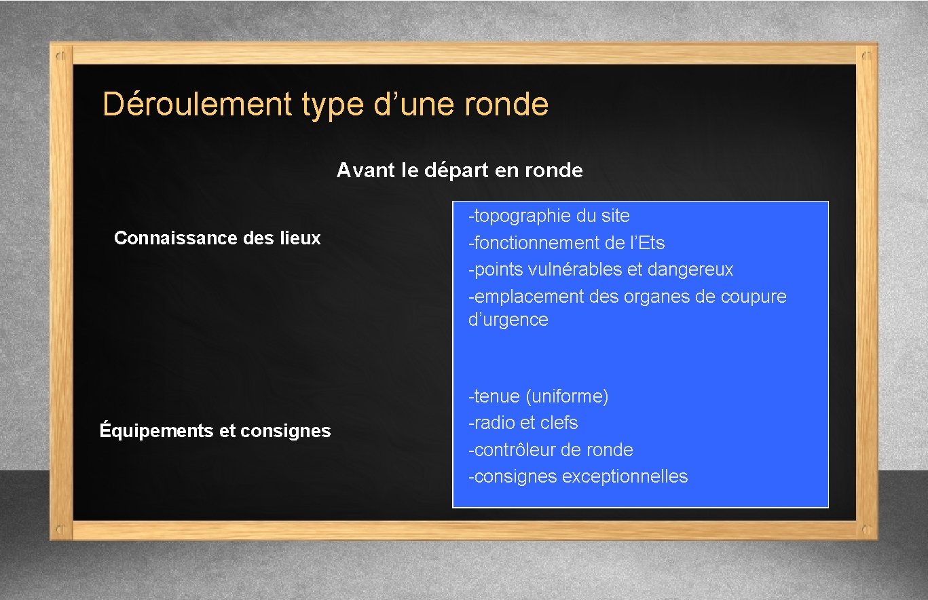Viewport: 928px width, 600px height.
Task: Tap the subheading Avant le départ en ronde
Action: click(x=460, y=170)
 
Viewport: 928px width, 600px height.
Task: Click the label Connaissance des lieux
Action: click(x=217, y=238)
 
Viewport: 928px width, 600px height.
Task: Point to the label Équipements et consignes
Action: click(x=215, y=430)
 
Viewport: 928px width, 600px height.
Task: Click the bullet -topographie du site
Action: click(x=549, y=216)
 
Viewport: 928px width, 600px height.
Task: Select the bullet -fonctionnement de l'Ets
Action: click(x=566, y=242)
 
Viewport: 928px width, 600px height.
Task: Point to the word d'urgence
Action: click(x=508, y=320)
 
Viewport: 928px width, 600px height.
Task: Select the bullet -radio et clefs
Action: click(x=523, y=423)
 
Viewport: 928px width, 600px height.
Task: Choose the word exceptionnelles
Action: click(x=625, y=476)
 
